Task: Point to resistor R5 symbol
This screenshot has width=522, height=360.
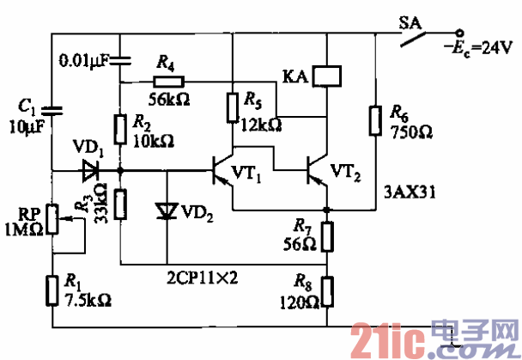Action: tap(232, 107)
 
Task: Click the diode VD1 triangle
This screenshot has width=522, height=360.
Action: tap(88, 170)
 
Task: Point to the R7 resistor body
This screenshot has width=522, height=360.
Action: tap(327, 234)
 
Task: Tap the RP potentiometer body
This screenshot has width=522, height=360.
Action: tap(52, 219)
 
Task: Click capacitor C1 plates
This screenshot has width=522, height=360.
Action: tap(52, 109)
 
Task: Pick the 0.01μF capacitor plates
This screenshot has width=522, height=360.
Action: tap(120, 60)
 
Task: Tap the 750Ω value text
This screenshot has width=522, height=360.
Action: tap(410, 134)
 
